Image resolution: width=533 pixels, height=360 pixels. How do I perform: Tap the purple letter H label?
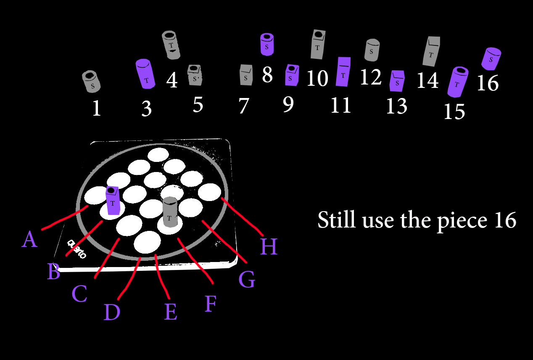(x=268, y=246)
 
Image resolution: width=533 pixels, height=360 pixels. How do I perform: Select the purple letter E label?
(x=170, y=312)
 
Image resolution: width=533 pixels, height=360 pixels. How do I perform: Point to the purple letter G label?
(x=247, y=280)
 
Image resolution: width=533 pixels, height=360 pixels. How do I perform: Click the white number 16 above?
(x=488, y=83)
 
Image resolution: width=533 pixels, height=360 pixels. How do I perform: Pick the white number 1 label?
(x=96, y=109)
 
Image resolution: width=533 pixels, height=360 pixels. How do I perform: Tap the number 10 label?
(x=317, y=78)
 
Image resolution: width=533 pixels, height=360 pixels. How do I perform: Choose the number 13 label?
(x=397, y=106)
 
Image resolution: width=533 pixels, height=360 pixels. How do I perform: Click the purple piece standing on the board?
(x=112, y=201)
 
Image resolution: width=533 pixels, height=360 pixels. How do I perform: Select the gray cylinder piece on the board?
(x=170, y=212)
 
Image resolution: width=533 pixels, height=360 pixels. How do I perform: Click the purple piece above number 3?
(x=145, y=74)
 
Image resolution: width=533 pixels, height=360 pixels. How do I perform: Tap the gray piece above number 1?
(x=91, y=81)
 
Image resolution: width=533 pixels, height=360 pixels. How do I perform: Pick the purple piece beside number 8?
(x=267, y=44)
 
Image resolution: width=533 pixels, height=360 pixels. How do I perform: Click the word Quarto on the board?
(x=77, y=249)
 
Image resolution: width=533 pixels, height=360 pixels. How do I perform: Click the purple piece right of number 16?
(x=491, y=58)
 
